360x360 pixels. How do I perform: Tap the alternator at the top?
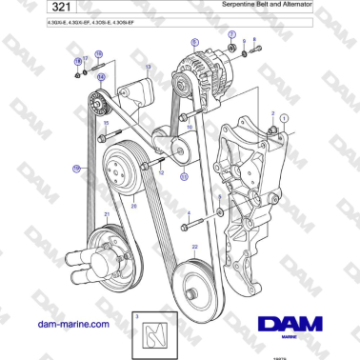pos(201,71)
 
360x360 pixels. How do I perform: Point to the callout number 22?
pos(194,247)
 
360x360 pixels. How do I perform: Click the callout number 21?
pos(107,214)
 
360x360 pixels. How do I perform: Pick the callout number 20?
pos(134,205)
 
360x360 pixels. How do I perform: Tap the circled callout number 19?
pos(76,169)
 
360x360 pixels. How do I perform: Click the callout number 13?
pos(147,66)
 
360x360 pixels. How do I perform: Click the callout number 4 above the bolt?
pos(189,213)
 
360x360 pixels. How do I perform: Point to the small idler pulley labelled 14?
pos(94,103)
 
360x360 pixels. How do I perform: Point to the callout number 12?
pos(160,173)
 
